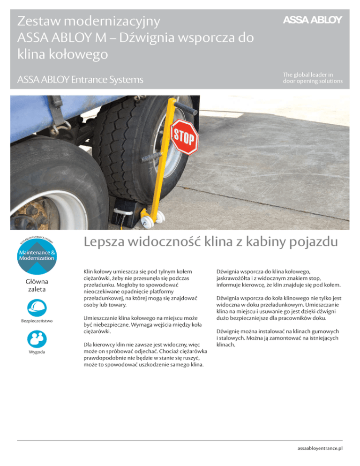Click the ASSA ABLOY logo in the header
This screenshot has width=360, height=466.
[x=312, y=20]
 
